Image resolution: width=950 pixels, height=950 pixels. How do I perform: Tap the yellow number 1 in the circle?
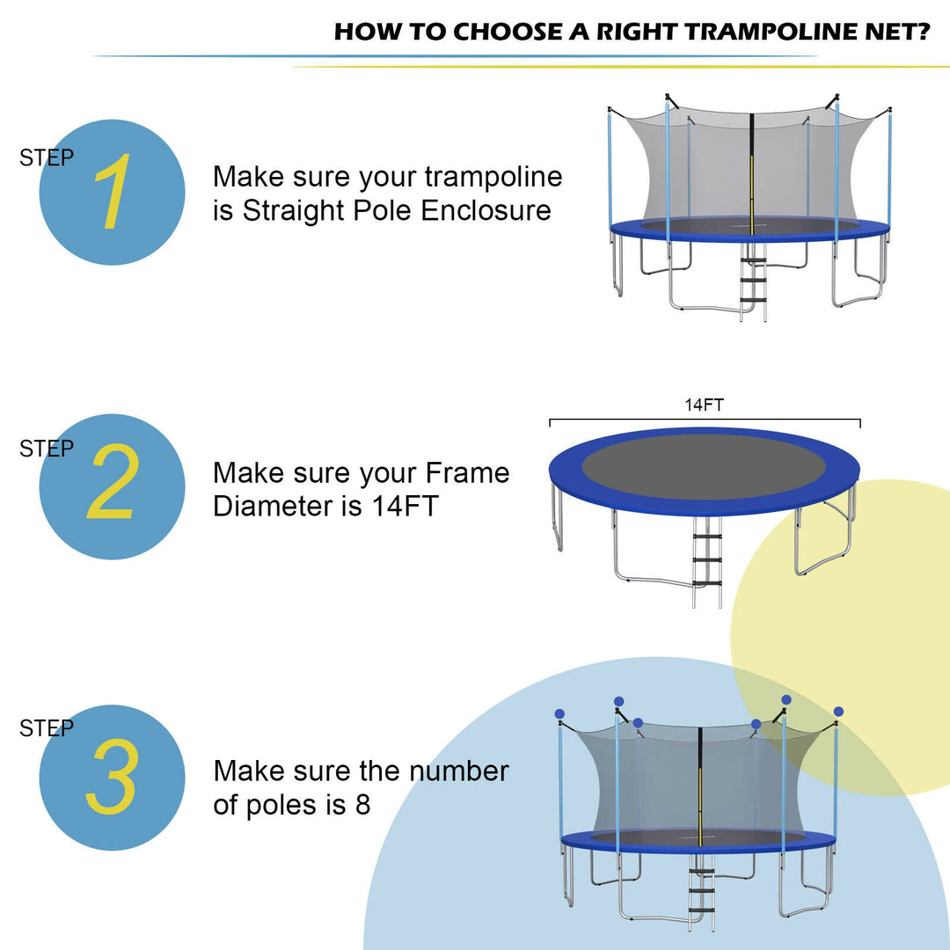coord(112,193)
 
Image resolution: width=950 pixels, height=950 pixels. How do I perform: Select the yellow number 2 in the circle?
coord(113,485)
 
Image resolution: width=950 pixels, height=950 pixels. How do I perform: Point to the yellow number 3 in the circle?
coord(112,777)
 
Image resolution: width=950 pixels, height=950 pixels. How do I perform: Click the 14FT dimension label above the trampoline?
coord(705,406)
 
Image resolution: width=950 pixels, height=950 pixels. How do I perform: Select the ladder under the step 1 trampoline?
coord(753,281)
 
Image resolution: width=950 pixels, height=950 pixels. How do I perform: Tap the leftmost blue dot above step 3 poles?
coord(559,713)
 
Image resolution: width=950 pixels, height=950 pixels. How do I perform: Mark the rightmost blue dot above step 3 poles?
coord(838,711)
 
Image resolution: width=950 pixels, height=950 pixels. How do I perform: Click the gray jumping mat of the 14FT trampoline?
coord(704,464)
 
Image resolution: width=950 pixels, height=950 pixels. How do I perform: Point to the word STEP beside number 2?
coord(47,449)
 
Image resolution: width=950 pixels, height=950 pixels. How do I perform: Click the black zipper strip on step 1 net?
coord(752,167)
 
